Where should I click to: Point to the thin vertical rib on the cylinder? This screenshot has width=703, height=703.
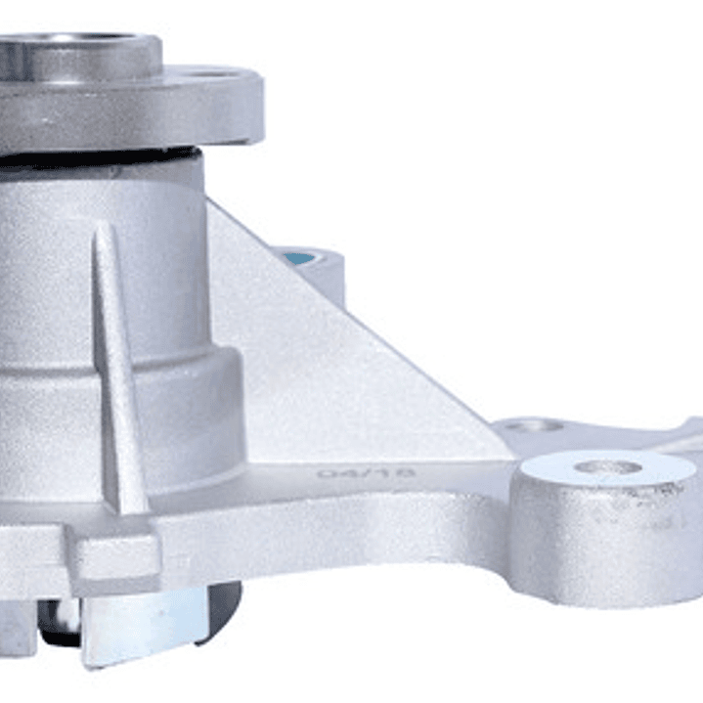(115, 362)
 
